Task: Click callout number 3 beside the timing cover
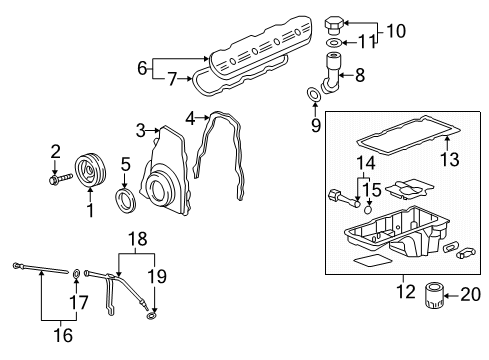[141, 129]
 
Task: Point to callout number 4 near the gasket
[190, 118]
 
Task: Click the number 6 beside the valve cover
[142, 68]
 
